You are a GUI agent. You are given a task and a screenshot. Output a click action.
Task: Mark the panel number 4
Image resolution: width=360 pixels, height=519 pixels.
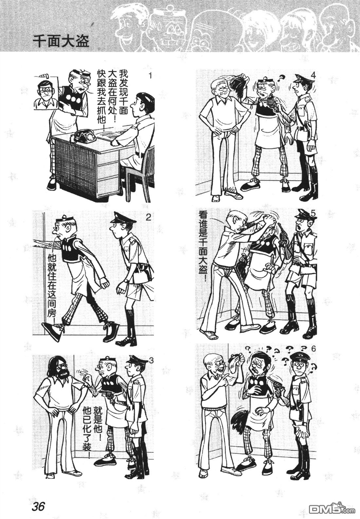(x=313, y=75)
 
